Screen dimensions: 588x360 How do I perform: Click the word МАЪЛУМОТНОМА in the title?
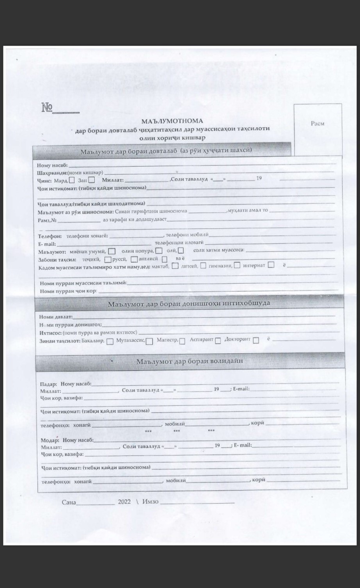pos(172,121)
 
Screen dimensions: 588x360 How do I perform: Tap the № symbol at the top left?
pos(47,108)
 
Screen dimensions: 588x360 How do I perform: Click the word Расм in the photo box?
pos(317,123)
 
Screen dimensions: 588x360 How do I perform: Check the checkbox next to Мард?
pos(72,180)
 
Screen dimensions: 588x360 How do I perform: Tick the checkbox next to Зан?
pos(91,180)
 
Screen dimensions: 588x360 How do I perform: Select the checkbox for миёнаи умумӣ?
pos(112,251)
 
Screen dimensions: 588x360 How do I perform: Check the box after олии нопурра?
pos(159,251)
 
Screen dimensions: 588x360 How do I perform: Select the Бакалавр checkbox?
pos(110,341)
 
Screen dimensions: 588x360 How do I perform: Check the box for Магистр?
pos(182,341)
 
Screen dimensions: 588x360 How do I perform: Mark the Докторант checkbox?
pos(256,340)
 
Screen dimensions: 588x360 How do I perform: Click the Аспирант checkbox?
pos(218,340)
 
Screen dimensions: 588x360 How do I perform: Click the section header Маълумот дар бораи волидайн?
pos(189,361)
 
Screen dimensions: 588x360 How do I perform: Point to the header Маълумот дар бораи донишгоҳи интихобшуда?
pos(189,303)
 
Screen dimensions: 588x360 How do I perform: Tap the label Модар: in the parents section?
pos(50,440)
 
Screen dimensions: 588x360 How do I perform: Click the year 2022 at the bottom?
pos(124,502)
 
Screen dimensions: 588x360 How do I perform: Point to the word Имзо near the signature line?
pos(151,502)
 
